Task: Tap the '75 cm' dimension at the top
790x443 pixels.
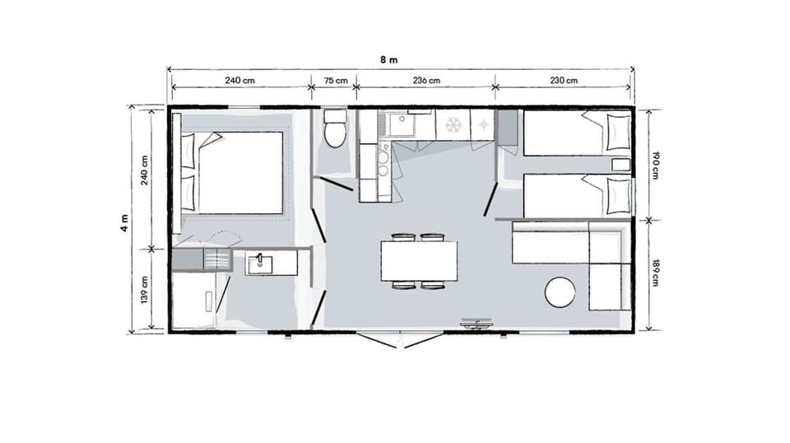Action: pos(336,81)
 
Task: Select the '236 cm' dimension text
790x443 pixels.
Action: pos(425,81)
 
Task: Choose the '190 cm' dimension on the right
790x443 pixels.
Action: pos(656,165)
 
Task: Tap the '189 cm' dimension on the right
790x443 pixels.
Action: pos(656,273)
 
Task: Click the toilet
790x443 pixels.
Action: pos(336,130)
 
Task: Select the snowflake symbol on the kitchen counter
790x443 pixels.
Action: pos(452,125)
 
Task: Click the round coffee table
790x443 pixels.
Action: pos(560,291)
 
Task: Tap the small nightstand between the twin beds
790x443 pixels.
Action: pos(620,164)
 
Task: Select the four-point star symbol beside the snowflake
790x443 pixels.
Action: pos(482,125)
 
